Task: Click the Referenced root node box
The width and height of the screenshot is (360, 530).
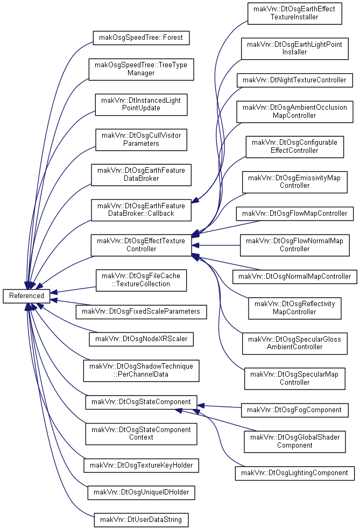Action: pyautogui.click(x=26, y=296)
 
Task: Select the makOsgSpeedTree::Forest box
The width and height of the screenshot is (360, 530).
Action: pyautogui.click(x=141, y=38)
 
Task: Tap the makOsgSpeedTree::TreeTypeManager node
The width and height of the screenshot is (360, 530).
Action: pyautogui.click(x=141, y=69)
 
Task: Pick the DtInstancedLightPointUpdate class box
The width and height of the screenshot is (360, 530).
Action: pyautogui.click(x=141, y=104)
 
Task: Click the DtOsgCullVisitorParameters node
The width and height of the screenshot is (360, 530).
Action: pyautogui.click(x=141, y=139)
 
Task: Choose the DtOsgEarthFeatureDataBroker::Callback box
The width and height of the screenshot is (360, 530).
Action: pyautogui.click(x=141, y=210)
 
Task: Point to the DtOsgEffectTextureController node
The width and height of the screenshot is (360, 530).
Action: pyautogui.click(x=141, y=245)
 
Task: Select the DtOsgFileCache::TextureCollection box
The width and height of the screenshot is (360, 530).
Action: pyautogui.click(x=141, y=280)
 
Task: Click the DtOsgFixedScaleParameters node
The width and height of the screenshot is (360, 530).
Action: pyautogui.click(x=141, y=312)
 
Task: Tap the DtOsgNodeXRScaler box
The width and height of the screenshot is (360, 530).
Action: pyautogui.click(x=141, y=339)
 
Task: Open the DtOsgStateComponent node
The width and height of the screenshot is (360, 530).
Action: pyautogui.click(x=141, y=402)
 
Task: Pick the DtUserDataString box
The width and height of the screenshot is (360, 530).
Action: pyautogui.click(x=141, y=520)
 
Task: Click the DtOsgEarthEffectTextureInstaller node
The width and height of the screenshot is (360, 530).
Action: pyautogui.click(x=294, y=13)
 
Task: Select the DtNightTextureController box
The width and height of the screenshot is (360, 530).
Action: pyautogui.click(x=294, y=80)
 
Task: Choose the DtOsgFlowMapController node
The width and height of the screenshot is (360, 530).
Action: pyautogui.click(x=294, y=214)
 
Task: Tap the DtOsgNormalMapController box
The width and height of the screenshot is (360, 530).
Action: pyautogui.click(x=294, y=277)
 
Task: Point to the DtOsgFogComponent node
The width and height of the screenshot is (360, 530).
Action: pyautogui.click(x=294, y=410)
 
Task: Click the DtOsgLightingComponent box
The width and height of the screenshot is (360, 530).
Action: pyautogui.click(x=294, y=473)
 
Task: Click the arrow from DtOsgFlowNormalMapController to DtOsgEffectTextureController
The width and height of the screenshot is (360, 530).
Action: pyautogui.click(x=216, y=245)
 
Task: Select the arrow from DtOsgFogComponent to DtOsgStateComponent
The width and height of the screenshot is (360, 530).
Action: pyautogui.click(x=219, y=406)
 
